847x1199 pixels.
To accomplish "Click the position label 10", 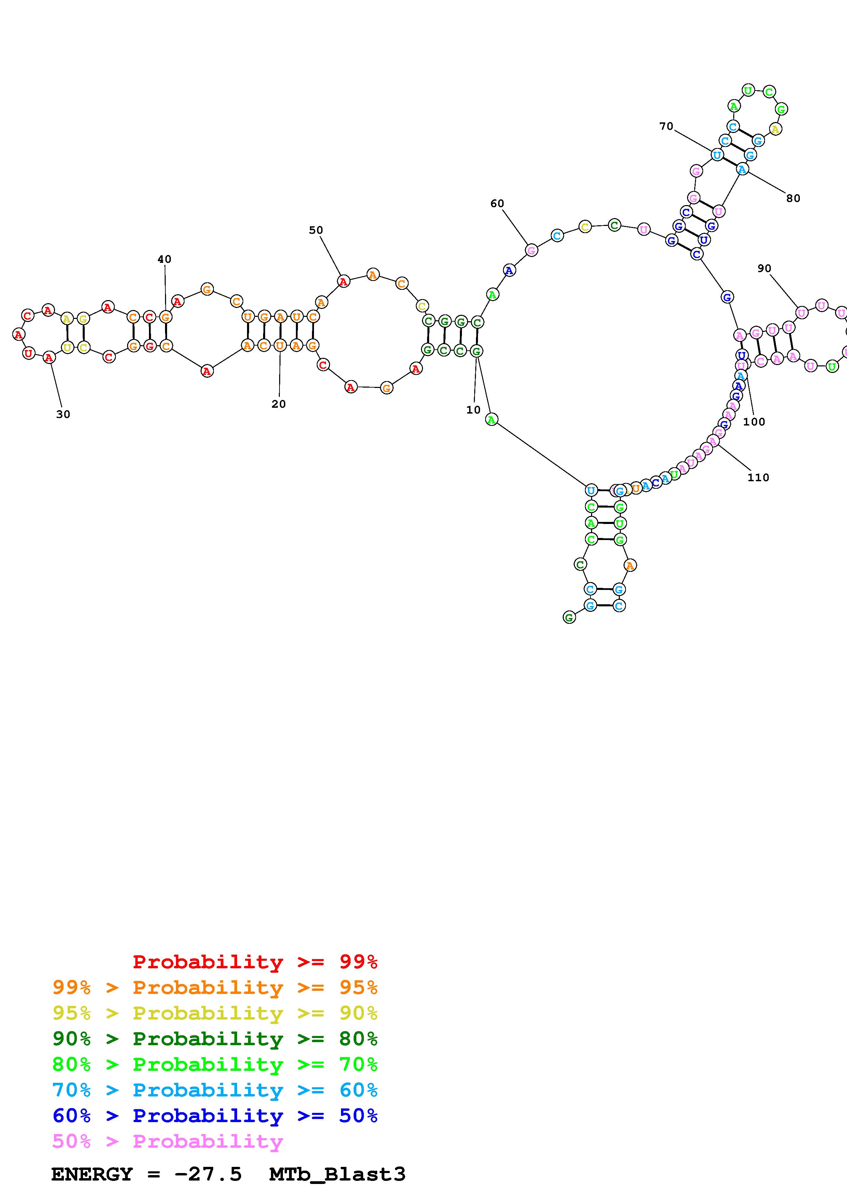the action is pyautogui.click(x=473, y=410).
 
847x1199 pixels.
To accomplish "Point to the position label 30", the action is pyautogui.click(x=63, y=414).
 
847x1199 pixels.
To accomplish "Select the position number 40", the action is pyautogui.click(x=164, y=259).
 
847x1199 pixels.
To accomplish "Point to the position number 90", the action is pyautogui.click(x=764, y=268).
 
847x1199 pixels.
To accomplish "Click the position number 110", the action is pyautogui.click(x=758, y=477).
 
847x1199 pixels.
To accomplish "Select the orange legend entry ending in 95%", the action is pyautogui.click(x=215, y=987).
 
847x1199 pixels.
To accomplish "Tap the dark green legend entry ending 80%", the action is pyautogui.click(x=215, y=1039).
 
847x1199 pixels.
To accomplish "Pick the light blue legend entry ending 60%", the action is pyautogui.click(x=215, y=1090).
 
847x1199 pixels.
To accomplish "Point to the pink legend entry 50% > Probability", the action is pyautogui.click(x=168, y=1141).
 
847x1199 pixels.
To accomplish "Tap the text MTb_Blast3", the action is pyautogui.click(x=337, y=1174).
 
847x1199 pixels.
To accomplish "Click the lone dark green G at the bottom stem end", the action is pyautogui.click(x=569, y=617).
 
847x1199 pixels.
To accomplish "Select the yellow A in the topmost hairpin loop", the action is pyautogui.click(x=776, y=129).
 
